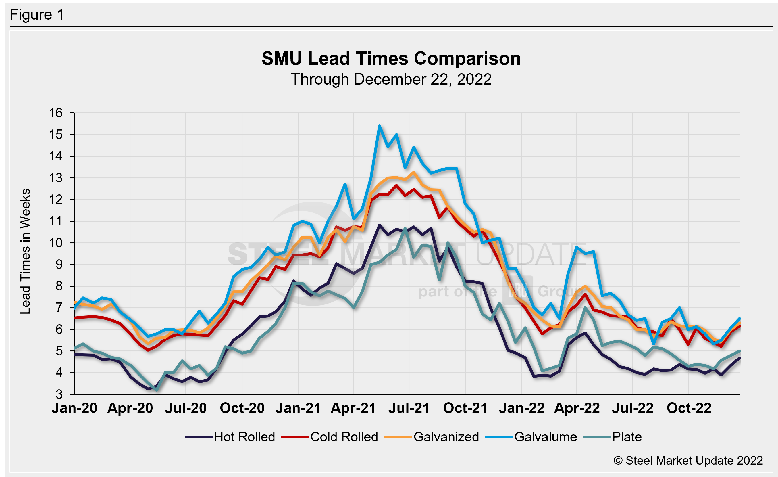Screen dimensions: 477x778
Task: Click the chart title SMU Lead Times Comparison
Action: pyautogui.click(x=391, y=59)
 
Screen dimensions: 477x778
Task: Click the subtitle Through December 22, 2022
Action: pyautogui.click(x=391, y=79)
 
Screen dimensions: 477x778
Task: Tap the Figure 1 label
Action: pyautogui.click(x=37, y=15)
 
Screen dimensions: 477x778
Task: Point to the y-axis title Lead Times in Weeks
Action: pyautogui.click(x=26, y=252)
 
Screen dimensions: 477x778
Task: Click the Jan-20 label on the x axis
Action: pyautogui.click(x=74, y=408)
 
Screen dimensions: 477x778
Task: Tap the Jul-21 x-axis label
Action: pyautogui.click(x=409, y=408)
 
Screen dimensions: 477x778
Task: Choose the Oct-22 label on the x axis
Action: pyautogui.click(x=689, y=408)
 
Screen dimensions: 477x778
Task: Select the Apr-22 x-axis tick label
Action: pyautogui.click(x=577, y=408)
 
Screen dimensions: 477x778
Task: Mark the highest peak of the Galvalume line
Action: pyautogui.click(x=380, y=126)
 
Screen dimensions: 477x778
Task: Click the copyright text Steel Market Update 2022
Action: pyautogui.click(x=688, y=461)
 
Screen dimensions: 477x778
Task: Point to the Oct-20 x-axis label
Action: pyautogui.click(x=242, y=408)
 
